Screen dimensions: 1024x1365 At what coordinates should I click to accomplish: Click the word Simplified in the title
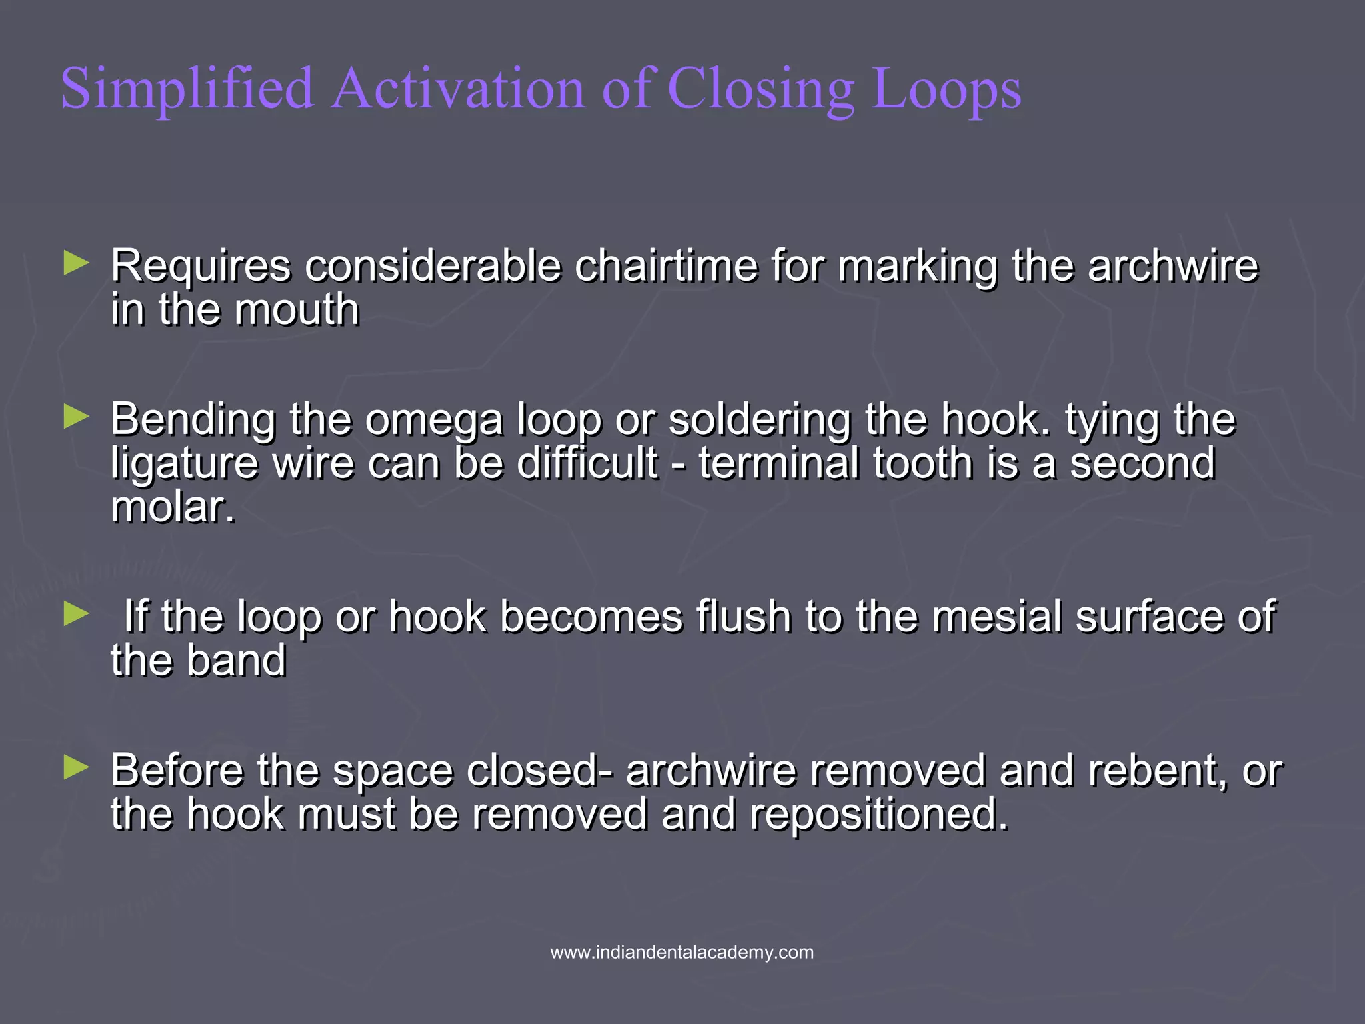pos(187,89)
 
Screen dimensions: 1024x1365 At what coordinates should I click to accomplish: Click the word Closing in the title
pos(760,89)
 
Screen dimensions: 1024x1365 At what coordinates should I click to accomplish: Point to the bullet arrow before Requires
pos(76,263)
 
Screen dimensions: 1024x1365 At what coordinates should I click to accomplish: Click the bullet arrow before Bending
pos(76,418)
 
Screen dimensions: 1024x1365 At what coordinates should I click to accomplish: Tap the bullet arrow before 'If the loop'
pos(76,614)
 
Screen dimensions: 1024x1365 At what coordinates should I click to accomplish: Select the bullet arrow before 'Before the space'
pos(76,768)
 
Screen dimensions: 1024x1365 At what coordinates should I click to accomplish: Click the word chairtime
pos(666,266)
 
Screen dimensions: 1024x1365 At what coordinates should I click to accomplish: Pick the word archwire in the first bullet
pos(1173,266)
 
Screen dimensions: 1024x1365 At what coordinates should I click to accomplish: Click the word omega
pos(434,420)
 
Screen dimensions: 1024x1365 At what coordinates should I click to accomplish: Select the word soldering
pos(760,420)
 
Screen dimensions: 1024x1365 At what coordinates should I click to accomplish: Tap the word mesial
pos(996,616)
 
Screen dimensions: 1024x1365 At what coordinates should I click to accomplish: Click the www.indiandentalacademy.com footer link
pos(682,952)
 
